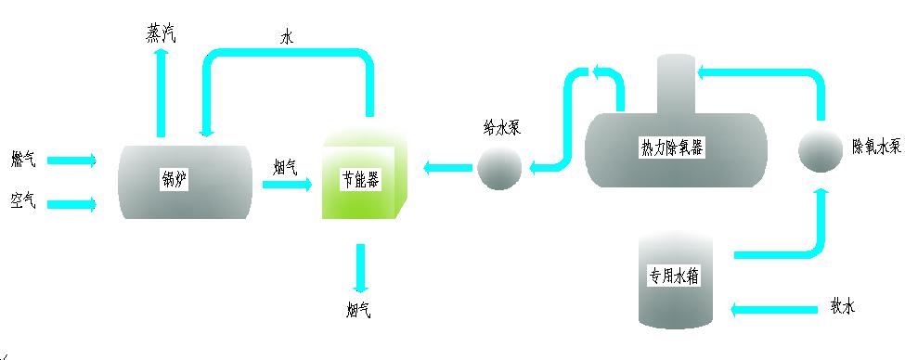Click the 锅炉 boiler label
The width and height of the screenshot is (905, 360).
(x=174, y=180)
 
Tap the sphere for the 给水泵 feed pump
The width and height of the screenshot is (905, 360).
(x=499, y=168)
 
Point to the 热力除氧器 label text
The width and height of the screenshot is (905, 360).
(x=672, y=147)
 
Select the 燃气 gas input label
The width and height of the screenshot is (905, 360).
(x=24, y=160)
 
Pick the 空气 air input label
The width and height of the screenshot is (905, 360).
(x=24, y=200)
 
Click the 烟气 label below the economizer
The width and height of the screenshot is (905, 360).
(x=357, y=310)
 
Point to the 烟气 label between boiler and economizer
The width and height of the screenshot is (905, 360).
(x=285, y=167)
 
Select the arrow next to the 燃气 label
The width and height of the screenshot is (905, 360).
(x=71, y=161)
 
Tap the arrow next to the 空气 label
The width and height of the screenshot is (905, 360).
(x=71, y=204)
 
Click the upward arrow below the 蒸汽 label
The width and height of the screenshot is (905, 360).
(x=161, y=93)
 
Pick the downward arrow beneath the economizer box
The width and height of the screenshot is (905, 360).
(x=358, y=269)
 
